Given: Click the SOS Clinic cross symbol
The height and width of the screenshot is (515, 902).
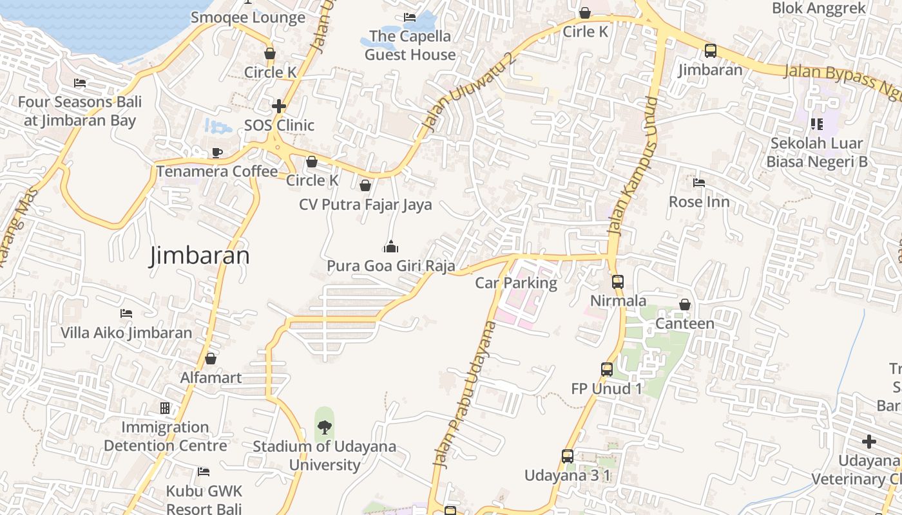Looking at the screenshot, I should pyautogui.click(x=278, y=106).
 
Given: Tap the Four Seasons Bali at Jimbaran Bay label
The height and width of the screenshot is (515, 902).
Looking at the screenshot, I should pyautogui.click(x=79, y=111).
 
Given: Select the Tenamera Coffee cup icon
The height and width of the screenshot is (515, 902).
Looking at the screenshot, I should pyautogui.click(x=217, y=153).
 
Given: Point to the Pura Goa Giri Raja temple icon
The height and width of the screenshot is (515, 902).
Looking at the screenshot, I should pyautogui.click(x=390, y=247).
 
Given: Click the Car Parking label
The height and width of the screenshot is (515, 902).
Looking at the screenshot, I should pyautogui.click(x=515, y=283).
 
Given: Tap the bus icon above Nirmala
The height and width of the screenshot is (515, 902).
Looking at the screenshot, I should pyautogui.click(x=617, y=281).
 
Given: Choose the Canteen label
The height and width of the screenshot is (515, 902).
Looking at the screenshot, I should pyautogui.click(x=685, y=323).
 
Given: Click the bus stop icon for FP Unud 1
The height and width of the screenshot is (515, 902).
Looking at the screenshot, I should pyautogui.click(x=606, y=370).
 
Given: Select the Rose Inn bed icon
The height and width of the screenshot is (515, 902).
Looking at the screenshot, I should pyautogui.click(x=699, y=183).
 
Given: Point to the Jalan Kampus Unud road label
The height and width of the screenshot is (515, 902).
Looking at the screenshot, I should pyautogui.click(x=633, y=166).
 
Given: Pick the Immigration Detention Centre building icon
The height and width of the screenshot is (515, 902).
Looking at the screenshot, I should pyautogui.click(x=165, y=408).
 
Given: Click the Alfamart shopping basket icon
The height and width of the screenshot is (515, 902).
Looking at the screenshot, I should pyautogui.click(x=211, y=359).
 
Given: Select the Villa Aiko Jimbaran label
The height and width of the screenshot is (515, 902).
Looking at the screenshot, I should pyautogui.click(x=126, y=333).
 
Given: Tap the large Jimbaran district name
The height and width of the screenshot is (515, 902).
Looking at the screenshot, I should pyautogui.click(x=200, y=256).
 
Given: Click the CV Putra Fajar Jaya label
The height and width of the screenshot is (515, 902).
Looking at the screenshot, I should pyautogui.click(x=365, y=205).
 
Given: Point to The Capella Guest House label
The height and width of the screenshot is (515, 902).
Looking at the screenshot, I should pyautogui.click(x=410, y=45).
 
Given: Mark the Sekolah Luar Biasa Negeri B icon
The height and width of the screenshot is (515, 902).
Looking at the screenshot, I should pyautogui.click(x=816, y=124).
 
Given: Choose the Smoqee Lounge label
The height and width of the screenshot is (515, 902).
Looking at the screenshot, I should pyautogui.click(x=248, y=17).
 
